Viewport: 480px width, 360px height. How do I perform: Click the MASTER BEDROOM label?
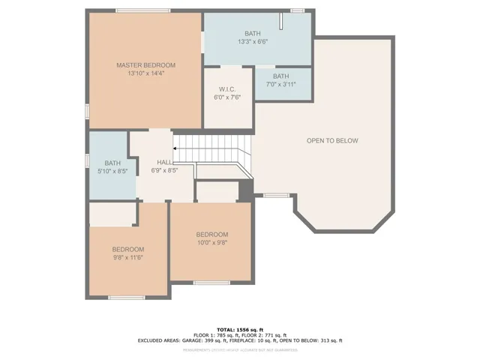coord(145,65)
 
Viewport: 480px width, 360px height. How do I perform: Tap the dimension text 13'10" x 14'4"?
coord(145,73)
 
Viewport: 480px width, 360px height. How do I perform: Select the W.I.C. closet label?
coord(228,90)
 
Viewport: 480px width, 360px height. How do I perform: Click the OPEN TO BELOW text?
coord(332,141)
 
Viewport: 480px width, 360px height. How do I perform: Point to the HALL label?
coord(165,162)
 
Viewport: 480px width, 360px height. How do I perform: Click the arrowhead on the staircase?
coord(176,148)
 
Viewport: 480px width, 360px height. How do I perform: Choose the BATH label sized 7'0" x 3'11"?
coord(280,76)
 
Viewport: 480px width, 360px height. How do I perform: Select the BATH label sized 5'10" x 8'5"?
coord(112,163)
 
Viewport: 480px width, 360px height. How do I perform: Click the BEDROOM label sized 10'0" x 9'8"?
coord(212,235)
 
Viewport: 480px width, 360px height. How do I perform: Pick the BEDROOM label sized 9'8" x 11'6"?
coord(128,249)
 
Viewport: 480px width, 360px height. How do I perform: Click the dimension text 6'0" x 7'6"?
coord(228,97)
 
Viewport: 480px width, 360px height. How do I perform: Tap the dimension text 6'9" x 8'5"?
coord(165,170)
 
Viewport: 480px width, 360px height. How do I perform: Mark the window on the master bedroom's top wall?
coord(137,10)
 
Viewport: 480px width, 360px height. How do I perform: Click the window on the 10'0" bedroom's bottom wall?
coord(211,282)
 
